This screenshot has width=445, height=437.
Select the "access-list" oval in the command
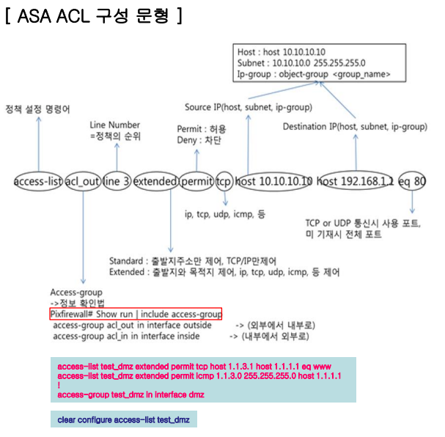coord(37,180)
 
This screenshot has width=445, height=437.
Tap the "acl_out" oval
coord(81,180)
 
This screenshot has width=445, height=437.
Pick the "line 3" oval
coord(117,180)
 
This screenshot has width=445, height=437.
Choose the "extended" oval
coord(155,180)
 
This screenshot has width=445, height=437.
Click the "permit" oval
coord(196,180)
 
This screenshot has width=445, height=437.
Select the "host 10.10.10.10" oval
coord(274,180)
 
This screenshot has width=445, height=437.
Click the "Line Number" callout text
coord(114,125)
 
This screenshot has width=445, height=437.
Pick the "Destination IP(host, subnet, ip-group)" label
coord(355,127)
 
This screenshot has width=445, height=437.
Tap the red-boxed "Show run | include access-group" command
coord(135,314)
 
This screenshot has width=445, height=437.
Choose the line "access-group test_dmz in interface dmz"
coord(130,394)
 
